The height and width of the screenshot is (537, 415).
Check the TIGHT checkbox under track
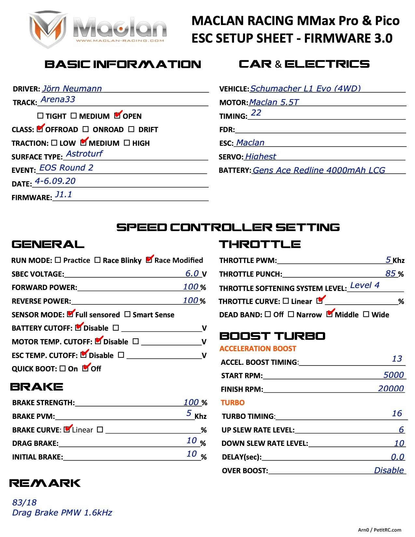click(x=40, y=116)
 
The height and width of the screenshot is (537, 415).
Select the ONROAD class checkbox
click(x=86, y=129)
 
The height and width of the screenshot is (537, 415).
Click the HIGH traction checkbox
click(x=127, y=143)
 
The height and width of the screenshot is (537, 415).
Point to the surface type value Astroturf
click(x=84, y=154)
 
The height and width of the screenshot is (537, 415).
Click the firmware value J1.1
click(x=63, y=195)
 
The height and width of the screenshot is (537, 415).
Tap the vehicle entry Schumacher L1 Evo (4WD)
click(x=305, y=89)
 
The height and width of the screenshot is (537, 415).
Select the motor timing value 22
click(x=256, y=113)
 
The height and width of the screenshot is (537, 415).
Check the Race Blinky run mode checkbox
click(x=97, y=260)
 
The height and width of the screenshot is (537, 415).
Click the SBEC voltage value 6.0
click(x=192, y=273)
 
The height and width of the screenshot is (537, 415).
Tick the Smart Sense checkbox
click(x=128, y=314)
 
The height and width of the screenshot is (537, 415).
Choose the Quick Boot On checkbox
click(x=62, y=368)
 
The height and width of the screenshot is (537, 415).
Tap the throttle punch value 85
click(x=390, y=273)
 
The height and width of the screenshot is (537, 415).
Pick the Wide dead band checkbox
click(x=366, y=314)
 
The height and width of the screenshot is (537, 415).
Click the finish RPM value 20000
click(x=391, y=388)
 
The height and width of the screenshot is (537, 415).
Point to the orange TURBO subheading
click(x=232, y=403)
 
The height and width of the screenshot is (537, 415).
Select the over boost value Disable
click(x=389, y=470)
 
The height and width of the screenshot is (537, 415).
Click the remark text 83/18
click(x=24, y=503)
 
